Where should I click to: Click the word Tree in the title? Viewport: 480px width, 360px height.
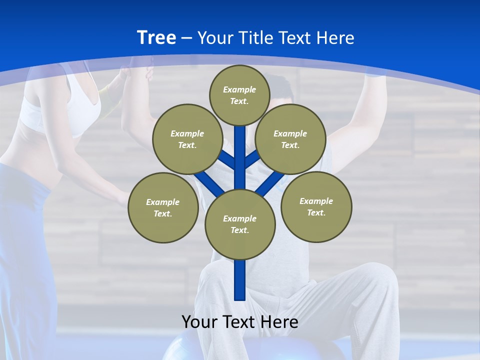coord(156,37)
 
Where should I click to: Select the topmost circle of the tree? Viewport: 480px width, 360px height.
coord(239,95)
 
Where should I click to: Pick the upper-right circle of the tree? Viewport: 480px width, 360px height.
coord(290,139)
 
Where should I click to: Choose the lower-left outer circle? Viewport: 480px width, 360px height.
coord(163,207)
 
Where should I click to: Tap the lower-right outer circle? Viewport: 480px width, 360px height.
coord(316,206)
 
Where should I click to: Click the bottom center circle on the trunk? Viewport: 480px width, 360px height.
coord(240,224)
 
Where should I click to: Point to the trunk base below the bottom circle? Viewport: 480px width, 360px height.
coord(240,280)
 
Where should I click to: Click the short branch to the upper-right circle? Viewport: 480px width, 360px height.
coord(252,159)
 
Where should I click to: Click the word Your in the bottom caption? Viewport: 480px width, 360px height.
coord(199,321)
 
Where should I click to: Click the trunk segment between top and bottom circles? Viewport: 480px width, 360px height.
coord(240,160)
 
